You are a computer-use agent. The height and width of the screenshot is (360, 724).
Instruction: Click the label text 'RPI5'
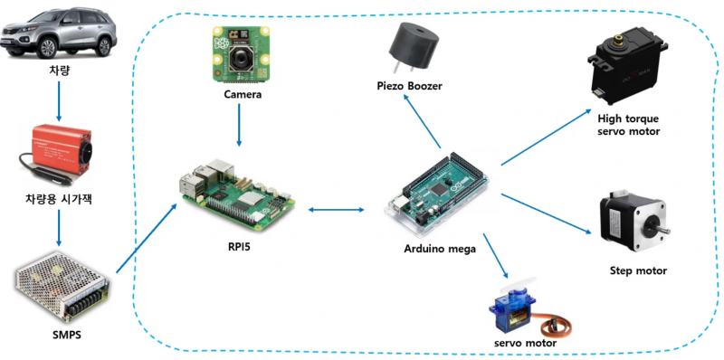pos(240,244)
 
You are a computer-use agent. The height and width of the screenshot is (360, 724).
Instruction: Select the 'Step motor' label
pos(638,270)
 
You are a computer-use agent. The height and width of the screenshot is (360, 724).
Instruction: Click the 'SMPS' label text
pos(58,337)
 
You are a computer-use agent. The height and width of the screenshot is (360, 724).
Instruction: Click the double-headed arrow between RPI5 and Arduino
pos(335,210)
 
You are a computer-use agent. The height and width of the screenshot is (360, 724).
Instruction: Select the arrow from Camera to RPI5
pos(239,126)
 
